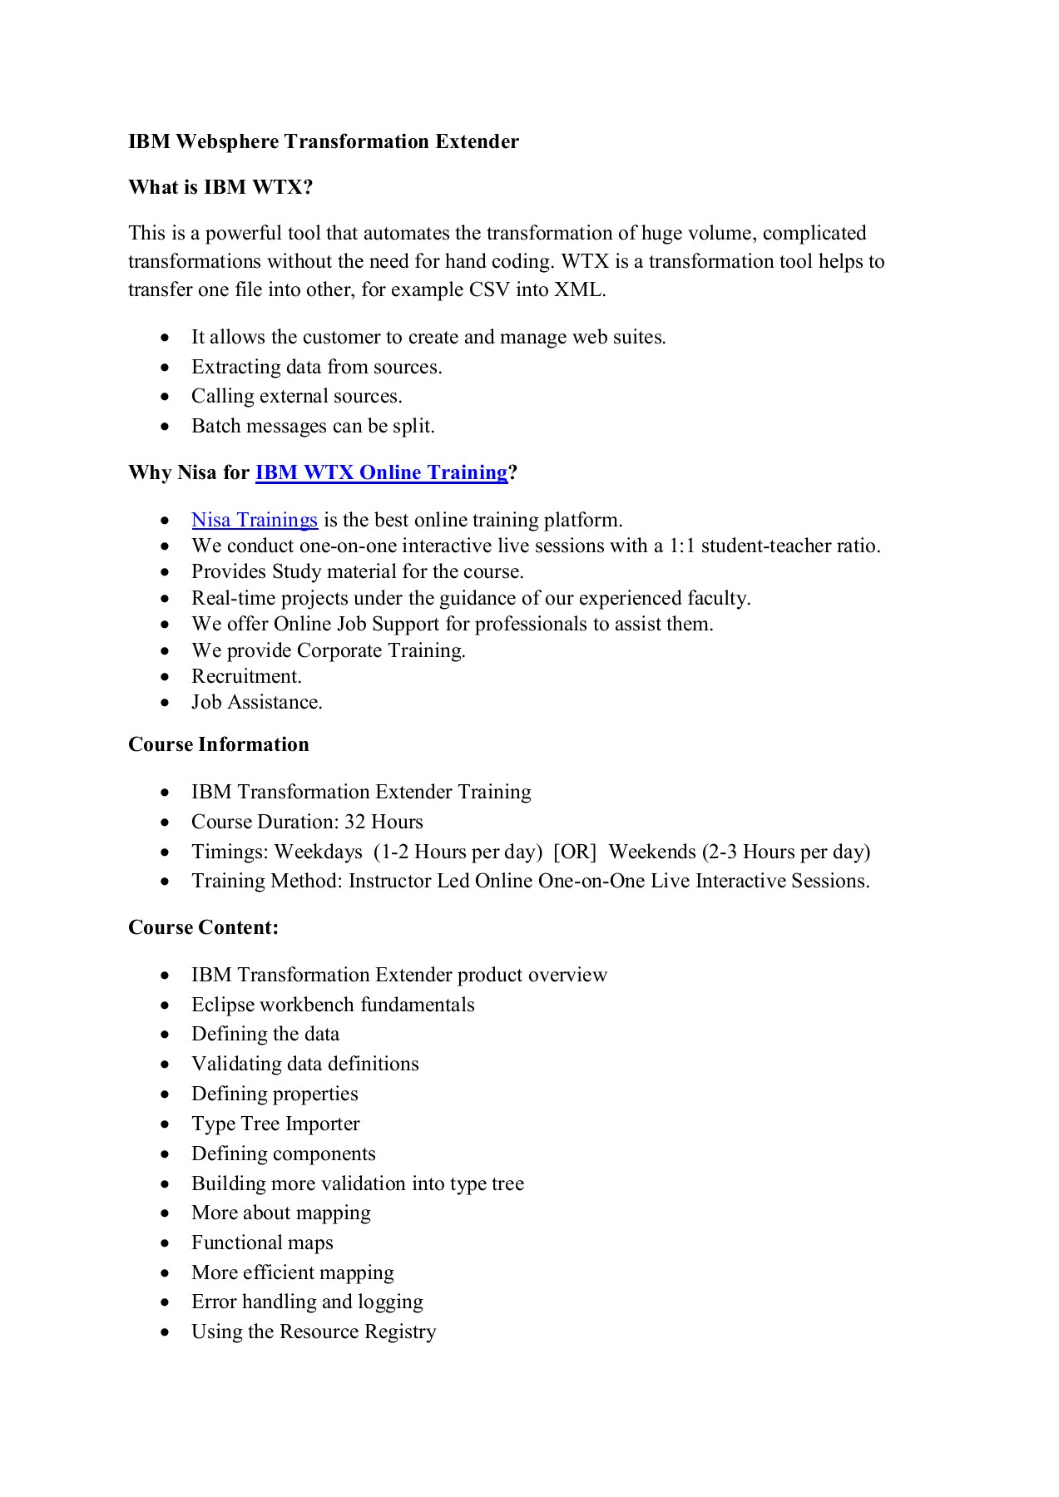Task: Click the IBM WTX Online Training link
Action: (381, 472)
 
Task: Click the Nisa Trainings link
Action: (255, 520)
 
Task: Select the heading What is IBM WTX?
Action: (220, 187)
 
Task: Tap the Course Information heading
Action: (219, 744)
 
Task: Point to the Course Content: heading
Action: (204, 927)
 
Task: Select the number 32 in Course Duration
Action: (355, 822)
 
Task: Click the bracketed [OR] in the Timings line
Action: (575, 852)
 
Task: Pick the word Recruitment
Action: (246, 676)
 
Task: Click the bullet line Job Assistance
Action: (257, 702)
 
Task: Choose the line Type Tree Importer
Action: (275, 1124)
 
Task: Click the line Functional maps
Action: (262, 1243)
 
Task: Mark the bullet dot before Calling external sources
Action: (166, 397)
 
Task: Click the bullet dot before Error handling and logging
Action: (166, 1302)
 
